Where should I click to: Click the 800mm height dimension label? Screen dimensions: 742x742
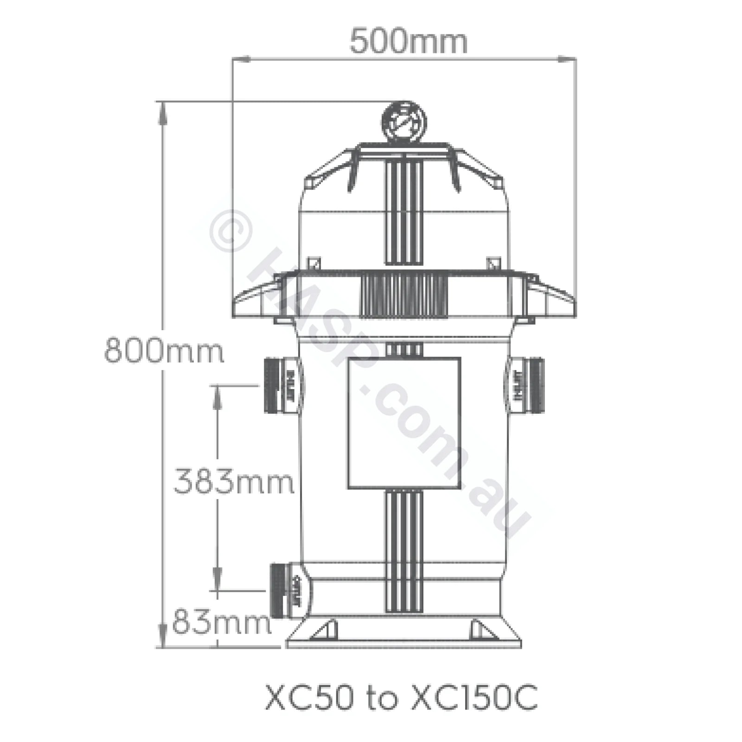pyautogui.click(x=164, y=351)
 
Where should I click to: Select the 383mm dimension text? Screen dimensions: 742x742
pyautogui.click(x=234, y=481)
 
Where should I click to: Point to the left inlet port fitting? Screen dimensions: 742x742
pyautogui.click(x=283, y=385)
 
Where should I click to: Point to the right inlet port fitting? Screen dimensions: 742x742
pyautogui.click(x=527, y=385)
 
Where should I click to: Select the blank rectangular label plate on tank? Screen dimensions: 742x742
pyautogui.click(x=404, y=423)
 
